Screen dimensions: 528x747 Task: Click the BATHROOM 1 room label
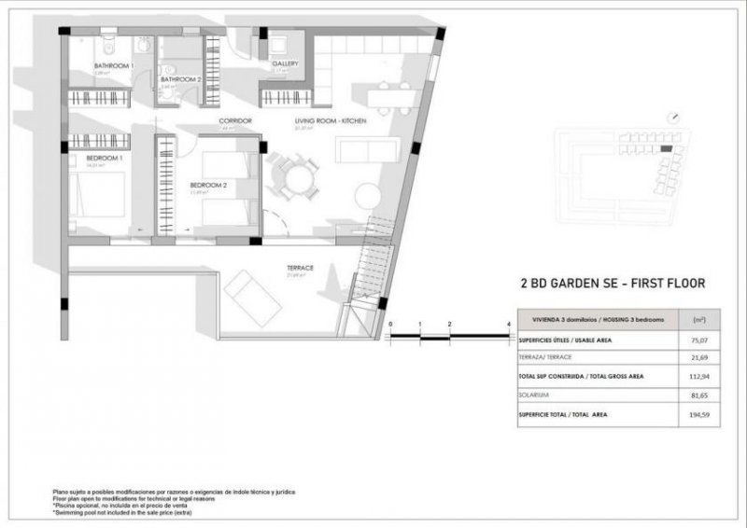pyautogui.click(x=114, y=66)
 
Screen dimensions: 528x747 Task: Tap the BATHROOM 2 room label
pyautogui.click(x=180, y=80)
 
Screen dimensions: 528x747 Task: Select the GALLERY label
pyautogui.click(x=285, y=64)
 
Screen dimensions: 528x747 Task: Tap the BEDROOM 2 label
pyautogui.click(x=208, y=185)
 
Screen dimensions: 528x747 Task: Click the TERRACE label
pyautogui.click(x=300, y=268)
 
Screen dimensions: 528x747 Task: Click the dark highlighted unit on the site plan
pyautogui.click(x=665, y=148)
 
